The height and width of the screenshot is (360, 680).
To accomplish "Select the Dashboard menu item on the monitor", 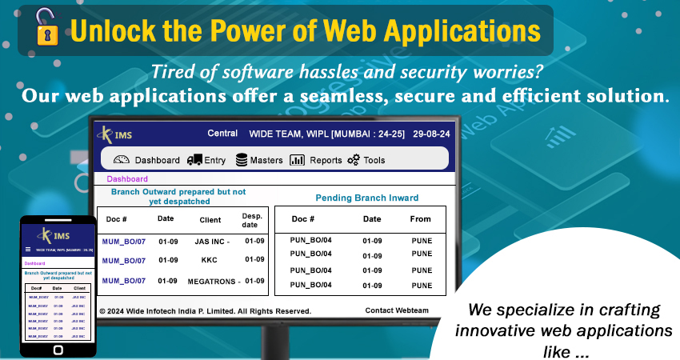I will [148, 160].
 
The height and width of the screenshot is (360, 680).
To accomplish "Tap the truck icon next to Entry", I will [194, 160].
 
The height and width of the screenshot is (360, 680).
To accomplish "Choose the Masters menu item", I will [259, 160].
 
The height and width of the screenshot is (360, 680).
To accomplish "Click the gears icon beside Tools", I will [354, 160].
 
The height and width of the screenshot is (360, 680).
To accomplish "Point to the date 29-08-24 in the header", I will [432, 134].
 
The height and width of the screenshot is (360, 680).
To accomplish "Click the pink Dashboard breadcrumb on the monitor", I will [127, 179].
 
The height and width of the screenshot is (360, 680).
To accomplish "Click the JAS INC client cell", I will [212, 241].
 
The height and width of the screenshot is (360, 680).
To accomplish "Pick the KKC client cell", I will [210, 260].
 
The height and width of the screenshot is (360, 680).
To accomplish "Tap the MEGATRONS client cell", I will [213, 281].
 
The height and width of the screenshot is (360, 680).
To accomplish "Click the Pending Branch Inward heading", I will [366, 198].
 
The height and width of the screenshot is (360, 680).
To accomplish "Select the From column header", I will [420, 218].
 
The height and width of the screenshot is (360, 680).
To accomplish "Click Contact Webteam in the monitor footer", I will [398, 310].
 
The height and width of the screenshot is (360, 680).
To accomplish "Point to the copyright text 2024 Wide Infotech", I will [204, 310].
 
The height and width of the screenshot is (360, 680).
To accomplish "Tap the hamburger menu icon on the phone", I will [29, 250].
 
